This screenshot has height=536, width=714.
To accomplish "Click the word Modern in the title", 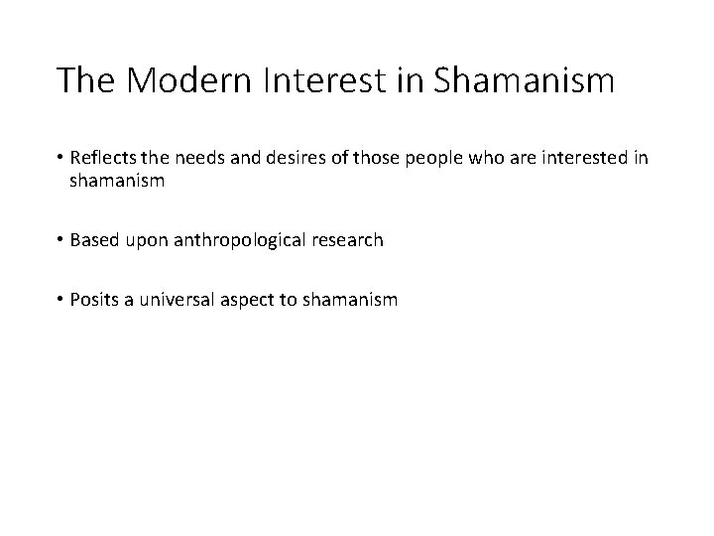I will click(176, 80).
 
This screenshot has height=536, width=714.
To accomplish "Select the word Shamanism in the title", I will click(525, 80).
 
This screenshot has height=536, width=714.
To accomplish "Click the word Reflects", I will click(102, 160).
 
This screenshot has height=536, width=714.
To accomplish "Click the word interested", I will click(581, 160).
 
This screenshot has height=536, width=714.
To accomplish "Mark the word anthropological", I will click(254, 240).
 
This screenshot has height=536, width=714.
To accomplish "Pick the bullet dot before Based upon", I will click(60, 240).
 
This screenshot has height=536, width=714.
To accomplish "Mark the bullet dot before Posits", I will click(60, 300).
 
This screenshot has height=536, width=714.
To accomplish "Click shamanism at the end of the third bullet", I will click(354, 299).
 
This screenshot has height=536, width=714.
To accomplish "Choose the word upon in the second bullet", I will click(150, 241).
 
